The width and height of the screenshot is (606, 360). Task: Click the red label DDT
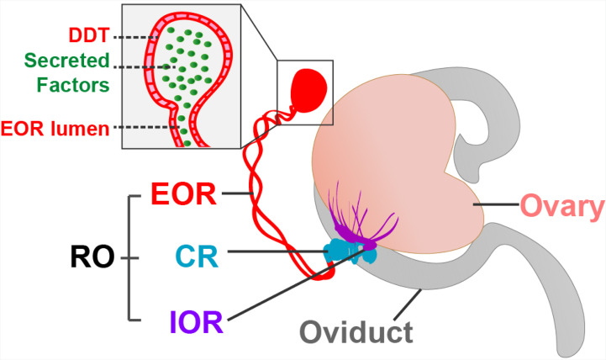[89, 35]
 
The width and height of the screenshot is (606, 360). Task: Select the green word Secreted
[67, 61]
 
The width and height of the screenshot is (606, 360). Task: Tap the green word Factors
[73, 85]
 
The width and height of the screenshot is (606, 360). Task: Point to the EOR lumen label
[55, 129]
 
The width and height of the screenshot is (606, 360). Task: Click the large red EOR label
[183, 194]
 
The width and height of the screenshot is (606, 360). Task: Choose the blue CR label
[198, 257]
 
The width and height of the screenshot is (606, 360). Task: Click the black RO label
[92, 257]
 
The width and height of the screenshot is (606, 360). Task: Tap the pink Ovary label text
[563, 207]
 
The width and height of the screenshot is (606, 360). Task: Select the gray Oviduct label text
[356, 331]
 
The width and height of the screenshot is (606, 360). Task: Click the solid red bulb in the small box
[308, 91]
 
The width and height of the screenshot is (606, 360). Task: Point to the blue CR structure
[350, 251]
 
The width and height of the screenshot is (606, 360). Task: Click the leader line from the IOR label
[296, 284]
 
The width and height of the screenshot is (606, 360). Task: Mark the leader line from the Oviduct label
[408, 304]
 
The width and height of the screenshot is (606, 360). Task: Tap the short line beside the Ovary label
[496, 204]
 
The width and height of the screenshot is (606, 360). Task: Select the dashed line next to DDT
[136, 38]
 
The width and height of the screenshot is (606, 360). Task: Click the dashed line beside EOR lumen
[147, 127]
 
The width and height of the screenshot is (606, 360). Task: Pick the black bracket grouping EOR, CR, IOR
[134, 258]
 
